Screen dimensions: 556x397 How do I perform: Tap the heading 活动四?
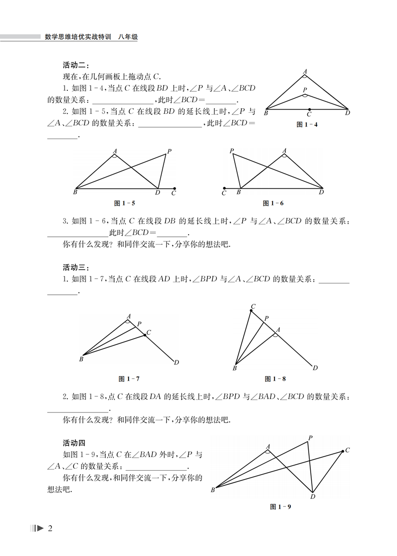tap(74, 443)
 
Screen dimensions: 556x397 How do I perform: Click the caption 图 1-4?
tap(307, 125)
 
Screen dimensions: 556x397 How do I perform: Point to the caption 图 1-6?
tap(273, 203)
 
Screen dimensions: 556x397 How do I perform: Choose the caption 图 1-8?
tap(276, 379)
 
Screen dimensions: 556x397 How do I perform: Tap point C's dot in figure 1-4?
tap(309, 109)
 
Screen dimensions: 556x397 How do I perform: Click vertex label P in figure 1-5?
tap(169, 151)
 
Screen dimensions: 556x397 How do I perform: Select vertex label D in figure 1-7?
tap(176, 363)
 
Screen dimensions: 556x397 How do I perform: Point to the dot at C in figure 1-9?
tap(342, 451)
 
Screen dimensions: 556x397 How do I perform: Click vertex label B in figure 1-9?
tap(212, 490)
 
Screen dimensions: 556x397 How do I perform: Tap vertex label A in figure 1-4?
tap(305, 71)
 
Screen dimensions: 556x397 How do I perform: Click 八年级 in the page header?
tap(127, 37)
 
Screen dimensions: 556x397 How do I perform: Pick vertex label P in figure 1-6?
tap(231, 150)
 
